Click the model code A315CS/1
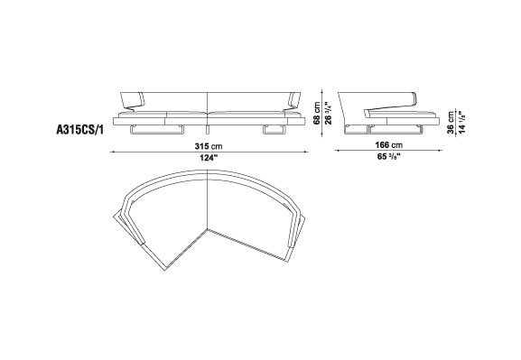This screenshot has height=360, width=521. (80, 130)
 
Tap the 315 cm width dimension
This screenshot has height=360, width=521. (209, 146)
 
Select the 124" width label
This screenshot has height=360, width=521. (209, 158)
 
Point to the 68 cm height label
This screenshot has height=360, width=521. (317, 113)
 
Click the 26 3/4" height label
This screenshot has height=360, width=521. (328, 113)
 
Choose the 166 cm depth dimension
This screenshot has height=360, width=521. (389, 145)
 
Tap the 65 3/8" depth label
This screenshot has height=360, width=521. (388, 156)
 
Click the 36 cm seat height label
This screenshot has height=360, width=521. (451, 122)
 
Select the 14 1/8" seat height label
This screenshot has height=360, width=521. (461, 122)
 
